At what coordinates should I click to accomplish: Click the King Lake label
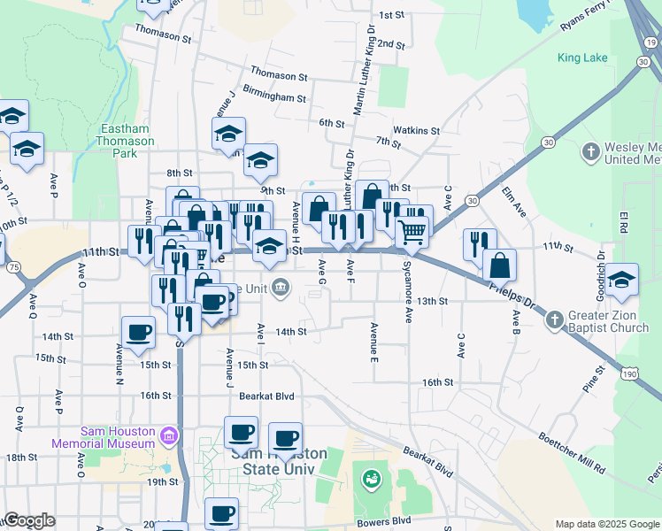point(582,58)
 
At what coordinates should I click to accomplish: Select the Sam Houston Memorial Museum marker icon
point(168,436)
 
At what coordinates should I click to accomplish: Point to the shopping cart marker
point(412,232)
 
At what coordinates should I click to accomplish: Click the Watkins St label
point(416,130)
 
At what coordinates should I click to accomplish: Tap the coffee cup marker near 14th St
point(138,333)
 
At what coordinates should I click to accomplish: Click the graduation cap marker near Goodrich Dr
point(622,281)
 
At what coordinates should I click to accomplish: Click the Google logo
point(29,520)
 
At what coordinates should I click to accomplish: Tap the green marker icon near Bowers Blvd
point(370,480)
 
